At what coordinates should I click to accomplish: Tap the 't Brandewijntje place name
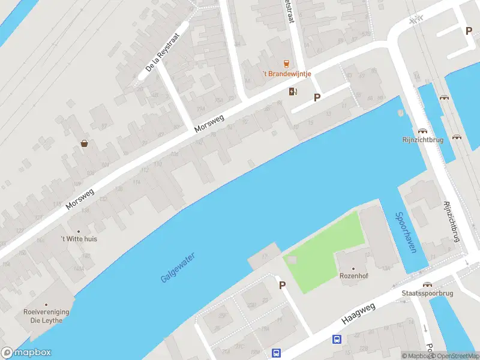286,74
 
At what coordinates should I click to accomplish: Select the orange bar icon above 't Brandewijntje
286,64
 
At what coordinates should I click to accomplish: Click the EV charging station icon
293,91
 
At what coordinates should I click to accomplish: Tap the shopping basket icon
85,143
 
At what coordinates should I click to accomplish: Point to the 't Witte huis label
79,239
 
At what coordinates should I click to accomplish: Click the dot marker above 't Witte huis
78,231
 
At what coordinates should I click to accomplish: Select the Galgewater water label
178,268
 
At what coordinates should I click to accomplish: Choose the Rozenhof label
353,277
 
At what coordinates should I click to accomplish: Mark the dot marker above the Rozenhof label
353,269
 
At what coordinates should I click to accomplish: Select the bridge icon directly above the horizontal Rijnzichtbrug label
422,130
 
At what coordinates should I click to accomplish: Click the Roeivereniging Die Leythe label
46,316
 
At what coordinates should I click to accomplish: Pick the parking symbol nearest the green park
281,285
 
